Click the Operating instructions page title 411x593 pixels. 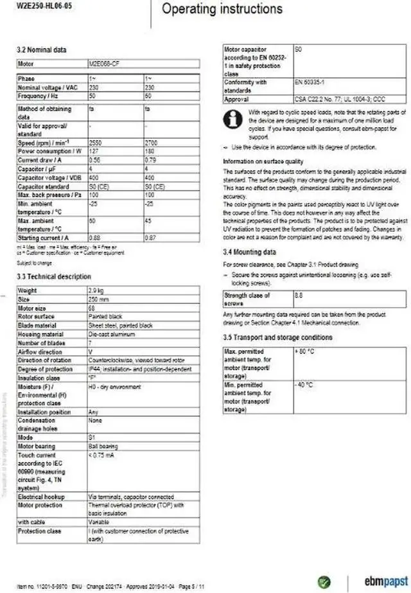[x=222, y=9]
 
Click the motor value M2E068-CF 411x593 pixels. [x=103, y=64]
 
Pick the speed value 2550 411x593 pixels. [x=94, y=141]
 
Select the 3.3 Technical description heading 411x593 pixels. [x=54, y=276]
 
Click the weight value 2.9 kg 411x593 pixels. [x=97, y=291]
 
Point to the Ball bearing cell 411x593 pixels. [x=103, y=446]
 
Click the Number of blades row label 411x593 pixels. [x=42, y=342]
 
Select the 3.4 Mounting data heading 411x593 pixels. [x=249, y=252]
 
